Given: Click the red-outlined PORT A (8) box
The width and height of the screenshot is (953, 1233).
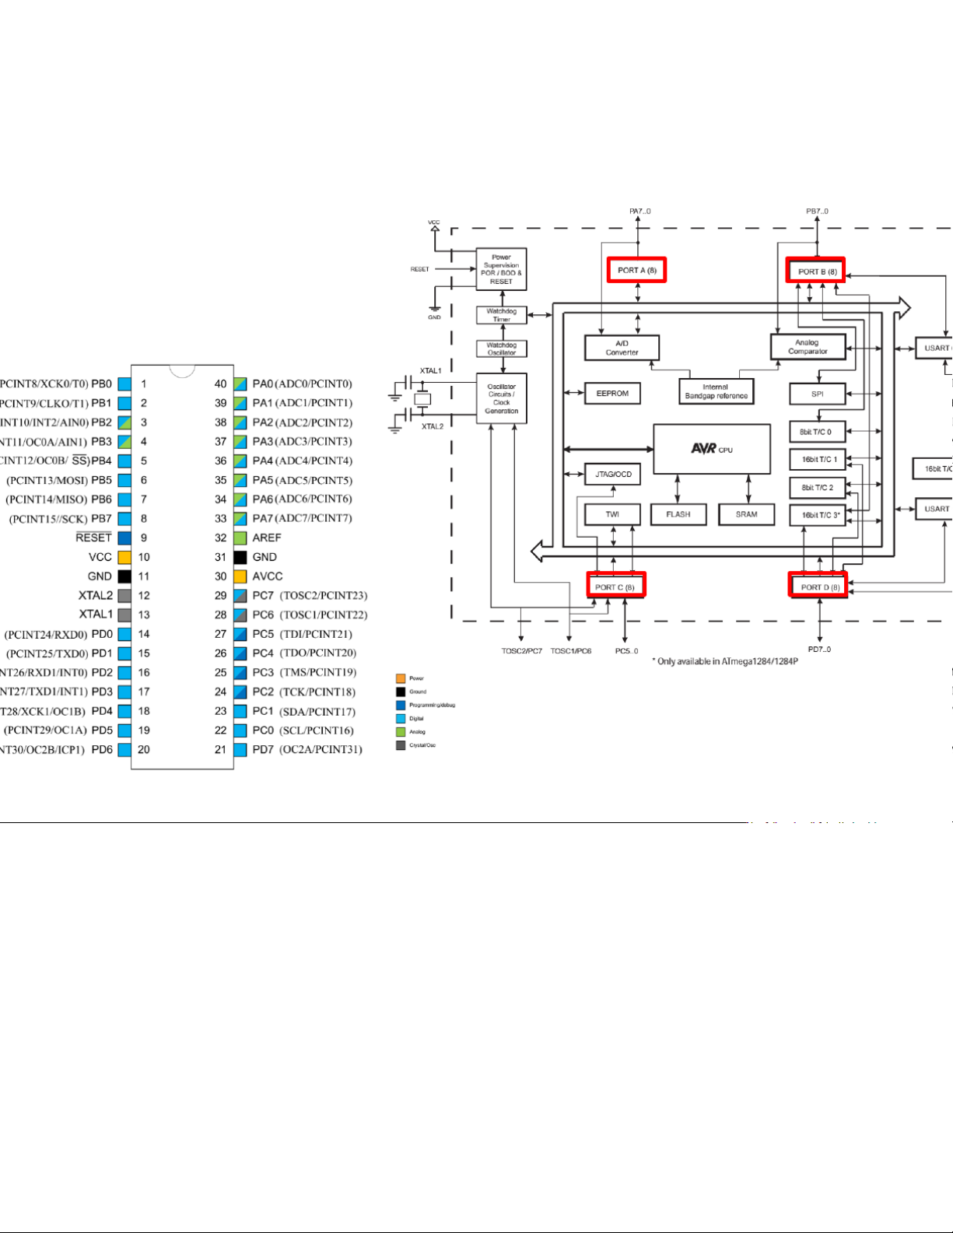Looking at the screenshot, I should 636,271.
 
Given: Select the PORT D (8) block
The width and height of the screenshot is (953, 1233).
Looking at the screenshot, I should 818,587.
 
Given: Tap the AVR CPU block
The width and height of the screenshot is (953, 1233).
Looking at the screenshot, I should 711,449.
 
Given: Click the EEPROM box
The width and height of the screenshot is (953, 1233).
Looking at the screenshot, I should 612,394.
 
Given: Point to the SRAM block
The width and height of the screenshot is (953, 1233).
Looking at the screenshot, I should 746,514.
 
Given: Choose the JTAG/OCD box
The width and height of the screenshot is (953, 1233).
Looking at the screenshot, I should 612,474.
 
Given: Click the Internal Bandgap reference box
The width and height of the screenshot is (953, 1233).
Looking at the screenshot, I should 716,391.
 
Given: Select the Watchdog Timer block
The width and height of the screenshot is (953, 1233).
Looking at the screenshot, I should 501,315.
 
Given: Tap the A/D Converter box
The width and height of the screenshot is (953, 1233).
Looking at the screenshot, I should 622,348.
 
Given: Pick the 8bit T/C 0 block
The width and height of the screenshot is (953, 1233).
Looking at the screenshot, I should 817,432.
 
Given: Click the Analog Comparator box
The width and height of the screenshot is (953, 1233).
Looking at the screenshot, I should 808,347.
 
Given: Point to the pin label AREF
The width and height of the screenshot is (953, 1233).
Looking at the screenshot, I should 267,538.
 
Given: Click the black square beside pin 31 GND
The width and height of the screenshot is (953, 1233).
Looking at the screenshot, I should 240,557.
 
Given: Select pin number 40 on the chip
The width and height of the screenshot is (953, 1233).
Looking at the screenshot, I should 221,384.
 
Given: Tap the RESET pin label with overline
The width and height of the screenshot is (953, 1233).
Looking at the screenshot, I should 93,538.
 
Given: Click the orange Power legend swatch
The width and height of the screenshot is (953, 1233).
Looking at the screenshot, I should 401,678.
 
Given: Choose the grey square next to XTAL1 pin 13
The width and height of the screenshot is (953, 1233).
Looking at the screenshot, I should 124,615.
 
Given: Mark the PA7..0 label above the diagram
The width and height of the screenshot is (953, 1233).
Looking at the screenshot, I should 639,212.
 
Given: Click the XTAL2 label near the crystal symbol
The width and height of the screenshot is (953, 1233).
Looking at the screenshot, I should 433,426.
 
